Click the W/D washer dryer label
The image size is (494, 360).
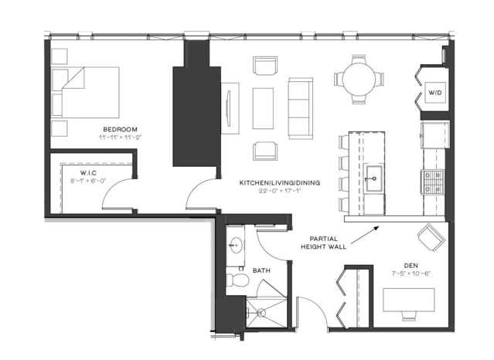pyautogui.click(x=434, y=93)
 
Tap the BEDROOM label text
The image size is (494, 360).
pyautogui.click(x=120, y=129)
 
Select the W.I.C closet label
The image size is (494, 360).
pyautogui.click(x=88, y=173)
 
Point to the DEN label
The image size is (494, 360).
pyautogui.click(x=411, y=266)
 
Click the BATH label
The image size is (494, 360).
pyautogui.click(x=261, y=270)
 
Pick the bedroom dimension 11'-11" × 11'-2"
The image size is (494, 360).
pyautogui.click(x=120, y=138)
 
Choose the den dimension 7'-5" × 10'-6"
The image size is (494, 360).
pyautogui.click(x=411, y=273)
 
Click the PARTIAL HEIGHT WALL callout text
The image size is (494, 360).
pyautogui.click(x=324, y=243)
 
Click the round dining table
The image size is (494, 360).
pyautogui.click(x=359, y=79)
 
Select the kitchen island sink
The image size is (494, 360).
pyautogui.click(x=373, y=178)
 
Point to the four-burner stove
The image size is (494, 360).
pyautogui.click(x=432, y=182)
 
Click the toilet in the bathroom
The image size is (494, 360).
pyautogui.click(x=237, y=280)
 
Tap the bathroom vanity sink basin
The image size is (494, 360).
pyautogui.click(x=235, y=245)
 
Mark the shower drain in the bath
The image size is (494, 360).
pyautogui.click(x=261, y=313)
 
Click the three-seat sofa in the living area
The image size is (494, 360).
pyautogui.click(x=300, y=108)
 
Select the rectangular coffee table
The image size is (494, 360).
pyautogui.click(x=263, y=108)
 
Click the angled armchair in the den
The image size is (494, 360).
pyautogui.click(x=431, y=237)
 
